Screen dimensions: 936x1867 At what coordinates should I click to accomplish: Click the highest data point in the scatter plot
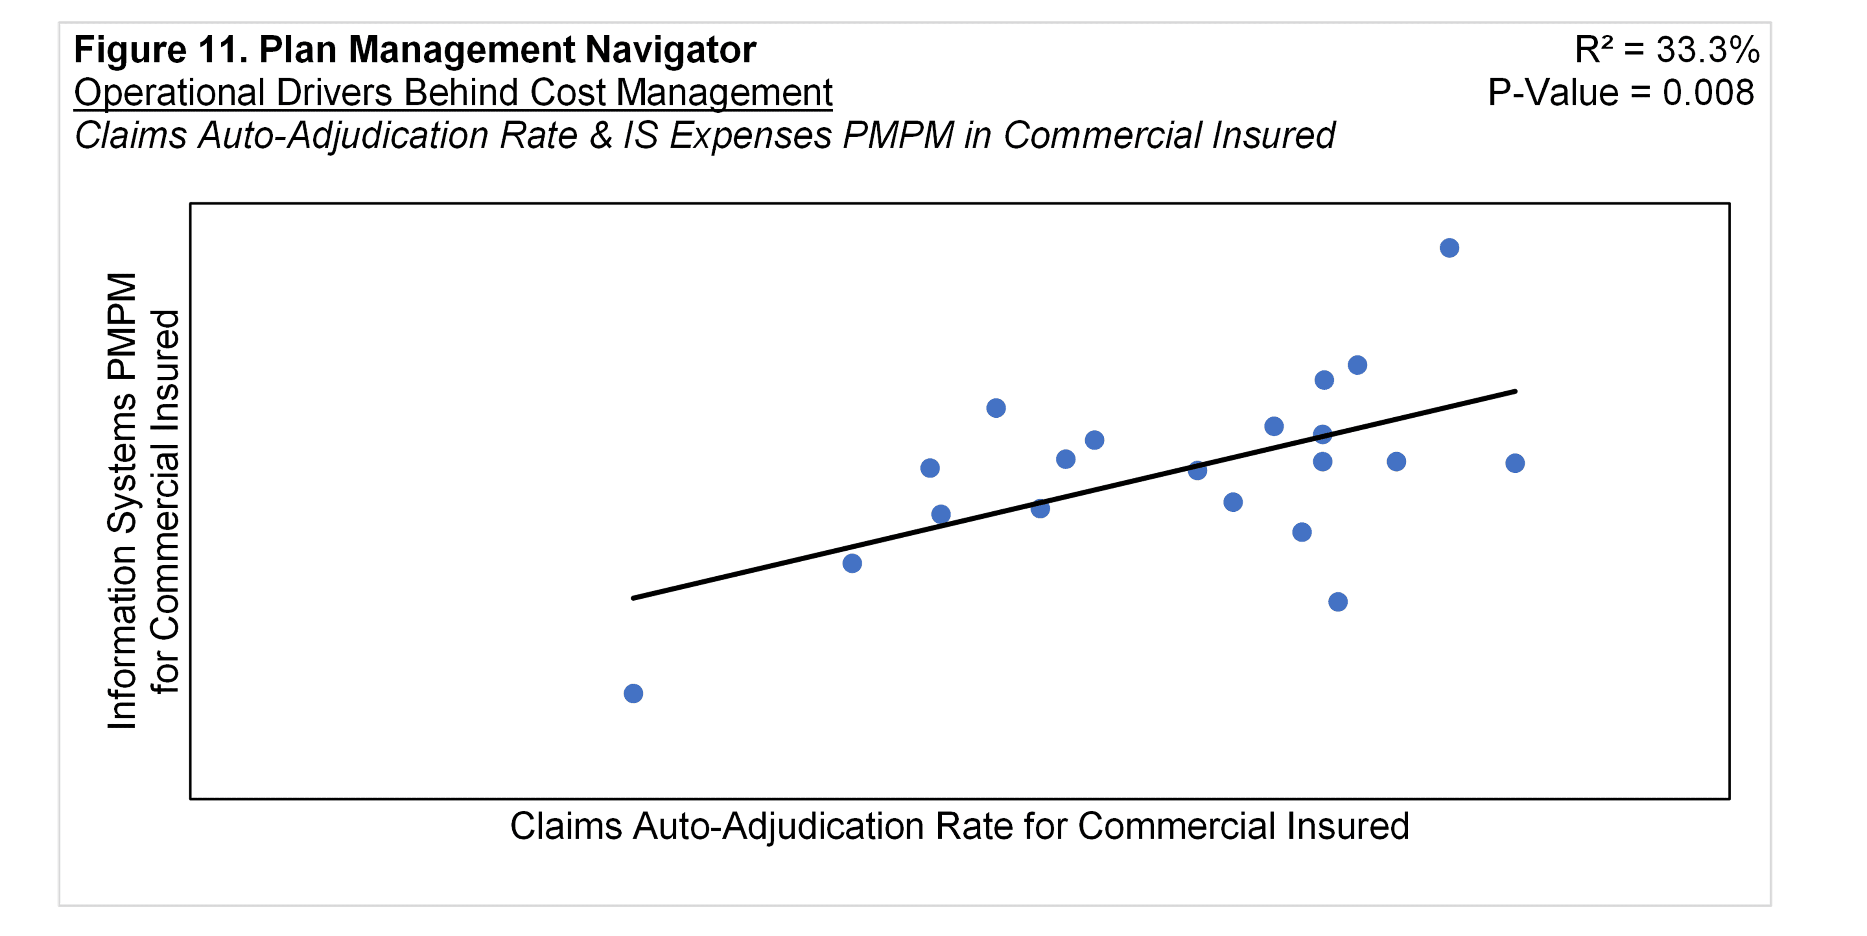(x=1449, y=248)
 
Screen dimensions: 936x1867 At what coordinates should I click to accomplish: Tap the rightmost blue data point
(x=1515, y=463)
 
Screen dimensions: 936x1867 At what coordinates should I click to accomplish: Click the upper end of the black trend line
(x=1515, y=391)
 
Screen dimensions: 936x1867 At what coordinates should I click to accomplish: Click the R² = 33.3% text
(x=1667, y=50)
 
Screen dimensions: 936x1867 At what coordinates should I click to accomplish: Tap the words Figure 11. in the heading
(x=161, y=50)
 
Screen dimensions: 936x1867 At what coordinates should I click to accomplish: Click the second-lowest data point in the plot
(x=1338, y=602)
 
